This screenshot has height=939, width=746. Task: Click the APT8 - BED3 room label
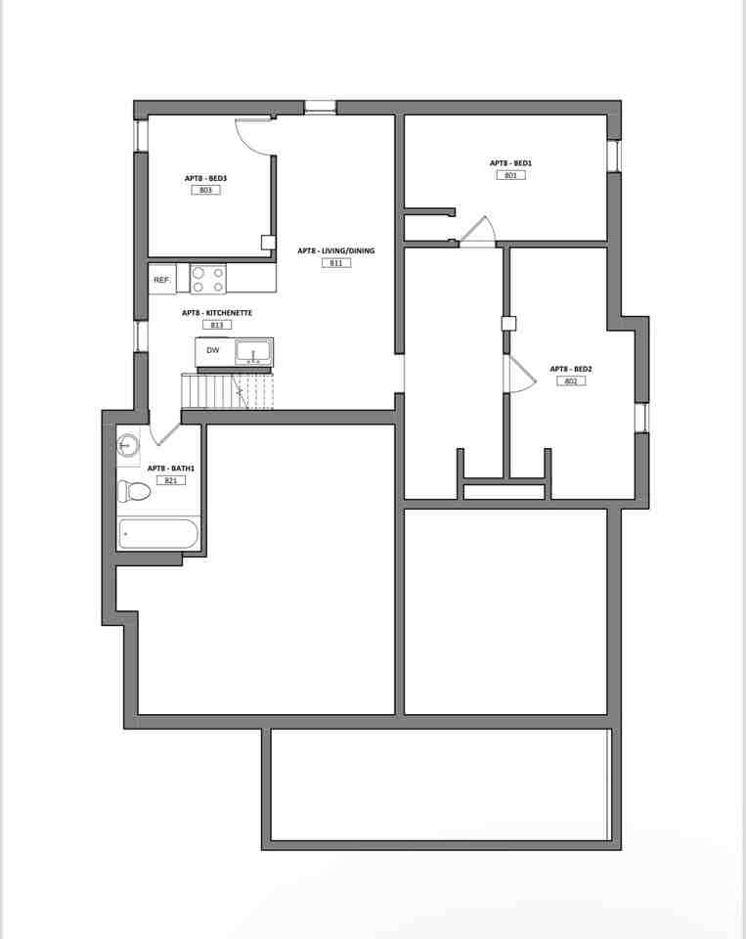pos(205,178)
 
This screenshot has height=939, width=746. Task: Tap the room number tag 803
pos(205,190)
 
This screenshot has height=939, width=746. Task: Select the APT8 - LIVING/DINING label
pos(335,251)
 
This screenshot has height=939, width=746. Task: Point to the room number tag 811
pos(335,263)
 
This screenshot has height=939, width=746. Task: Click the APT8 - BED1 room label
pos(510,163)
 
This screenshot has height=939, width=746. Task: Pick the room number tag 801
pos(510,175)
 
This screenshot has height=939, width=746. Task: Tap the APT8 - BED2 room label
pos(571,369)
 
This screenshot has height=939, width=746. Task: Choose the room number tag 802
pos(571,380)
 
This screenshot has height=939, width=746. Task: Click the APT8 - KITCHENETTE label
pos(217,313)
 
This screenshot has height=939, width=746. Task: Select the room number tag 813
pos(217,325)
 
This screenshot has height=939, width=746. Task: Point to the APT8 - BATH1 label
pos(170,469)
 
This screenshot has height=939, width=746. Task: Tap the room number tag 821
pos(170,480)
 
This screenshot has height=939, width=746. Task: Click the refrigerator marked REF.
pos(162,280)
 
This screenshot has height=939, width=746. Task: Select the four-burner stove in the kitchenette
pos(207,280)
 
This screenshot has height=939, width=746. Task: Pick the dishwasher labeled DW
pos(213,350)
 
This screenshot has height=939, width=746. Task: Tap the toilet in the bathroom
pos(133,491)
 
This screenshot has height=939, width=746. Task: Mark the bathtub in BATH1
pos(158,534)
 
